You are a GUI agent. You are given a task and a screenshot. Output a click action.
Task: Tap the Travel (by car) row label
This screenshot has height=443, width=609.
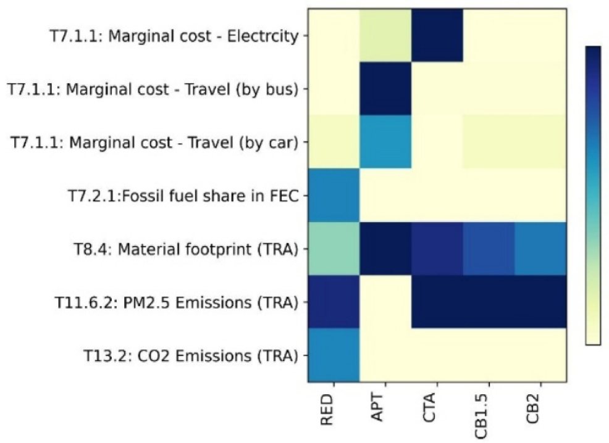tap(154, 142)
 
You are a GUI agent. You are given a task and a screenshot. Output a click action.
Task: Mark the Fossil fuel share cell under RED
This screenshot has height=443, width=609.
tap(334, 194)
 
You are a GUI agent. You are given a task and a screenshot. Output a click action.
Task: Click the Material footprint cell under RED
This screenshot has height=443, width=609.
tap(334, 247)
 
